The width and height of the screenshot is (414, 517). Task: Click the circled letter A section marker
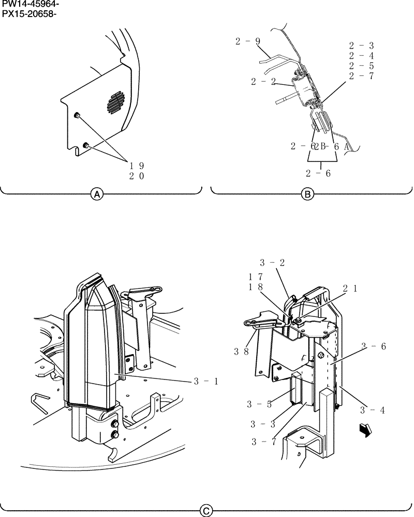[96, 194]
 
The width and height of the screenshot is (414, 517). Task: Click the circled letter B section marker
[307, 194]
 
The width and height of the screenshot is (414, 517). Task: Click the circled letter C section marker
[206, 511]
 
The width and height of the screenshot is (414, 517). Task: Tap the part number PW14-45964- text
[30, 5]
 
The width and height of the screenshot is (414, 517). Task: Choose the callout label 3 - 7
[264, 441]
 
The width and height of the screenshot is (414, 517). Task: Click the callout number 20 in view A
[137, 176]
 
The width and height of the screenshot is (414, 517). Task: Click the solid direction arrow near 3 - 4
[365, 430]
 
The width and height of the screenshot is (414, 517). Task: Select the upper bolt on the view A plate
[76, 115]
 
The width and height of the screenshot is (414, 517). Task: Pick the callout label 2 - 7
[361, 76]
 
